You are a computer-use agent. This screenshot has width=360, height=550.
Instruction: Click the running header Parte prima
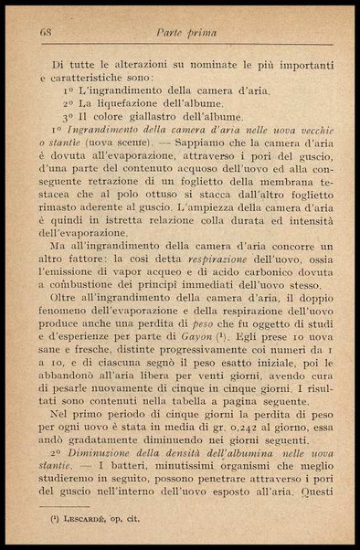click(x=188, y=32)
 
